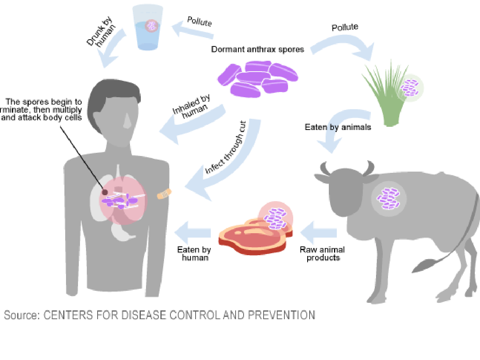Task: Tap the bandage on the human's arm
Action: click(x=164, y=194)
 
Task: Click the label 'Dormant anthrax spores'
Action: click(x=258, y=50)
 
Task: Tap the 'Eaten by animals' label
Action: click(x=338, y=128)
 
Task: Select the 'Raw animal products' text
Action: click(x=322, y=254)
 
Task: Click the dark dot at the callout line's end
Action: click(x=105, y=192)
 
